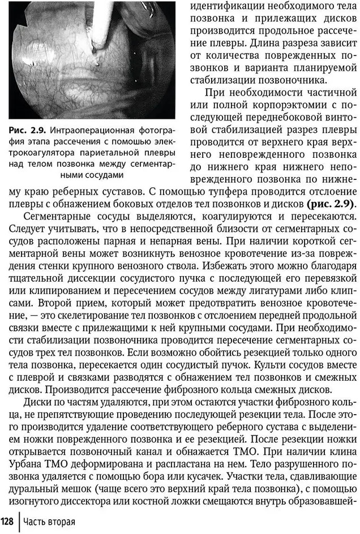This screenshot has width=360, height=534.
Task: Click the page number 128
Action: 7,521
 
